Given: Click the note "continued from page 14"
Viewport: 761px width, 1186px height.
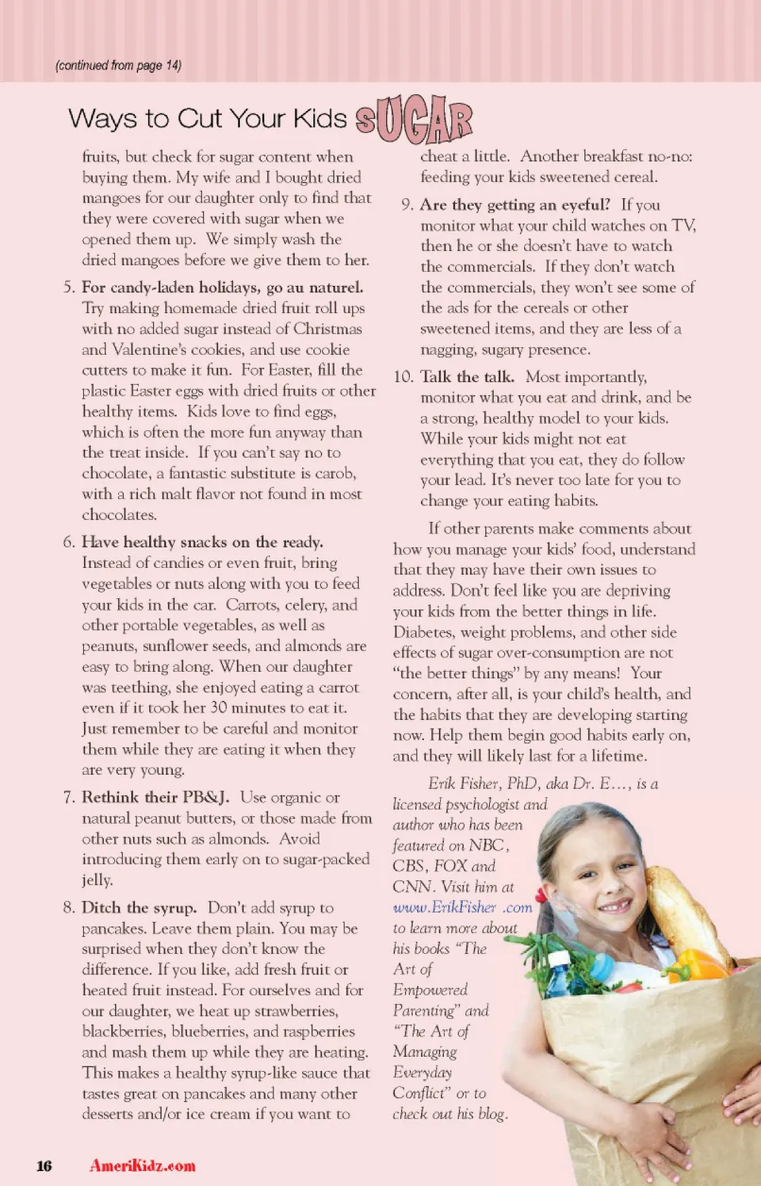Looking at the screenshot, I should pyautogui.click(x=118, y=66).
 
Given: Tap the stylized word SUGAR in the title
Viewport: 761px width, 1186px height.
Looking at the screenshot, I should pyautogui.click(x=414, y=120).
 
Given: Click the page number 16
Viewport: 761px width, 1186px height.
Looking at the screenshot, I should pyautogui.click(x=44, y=1165).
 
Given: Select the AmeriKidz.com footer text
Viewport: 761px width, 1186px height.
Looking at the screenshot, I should pyautogui.click(x=143, y=1165).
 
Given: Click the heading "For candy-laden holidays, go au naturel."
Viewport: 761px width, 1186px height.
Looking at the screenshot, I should pyautogui.click(x=222, y=287).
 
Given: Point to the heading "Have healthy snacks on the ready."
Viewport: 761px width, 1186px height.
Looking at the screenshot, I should pyautogui.click(x=202, y=542).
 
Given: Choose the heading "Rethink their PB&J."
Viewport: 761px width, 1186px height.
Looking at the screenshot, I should pyautogui.click(x=155, y=797).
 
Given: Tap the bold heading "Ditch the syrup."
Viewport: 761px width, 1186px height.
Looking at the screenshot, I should pyautogui.click(x=139, y=907).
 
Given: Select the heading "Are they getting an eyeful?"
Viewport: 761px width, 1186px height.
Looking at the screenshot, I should pyautogui.click(x=515, y=204).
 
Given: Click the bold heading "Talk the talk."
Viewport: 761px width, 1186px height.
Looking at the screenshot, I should pyautogui.click(x=467, y=376).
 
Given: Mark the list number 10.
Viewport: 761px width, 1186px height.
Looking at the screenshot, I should pyautogui.click(x=403, y=376).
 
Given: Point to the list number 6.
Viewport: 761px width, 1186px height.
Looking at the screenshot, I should pyautogui.click(x=69, y=542).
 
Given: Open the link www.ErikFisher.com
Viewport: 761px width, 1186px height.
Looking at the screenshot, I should pyautogui.click(x=462, y=907).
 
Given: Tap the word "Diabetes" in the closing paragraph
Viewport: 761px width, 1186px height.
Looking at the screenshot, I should pyautogui.click(x=423, y=632).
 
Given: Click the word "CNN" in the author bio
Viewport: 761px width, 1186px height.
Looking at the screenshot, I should pyautogui.click(x=412, y=887).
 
